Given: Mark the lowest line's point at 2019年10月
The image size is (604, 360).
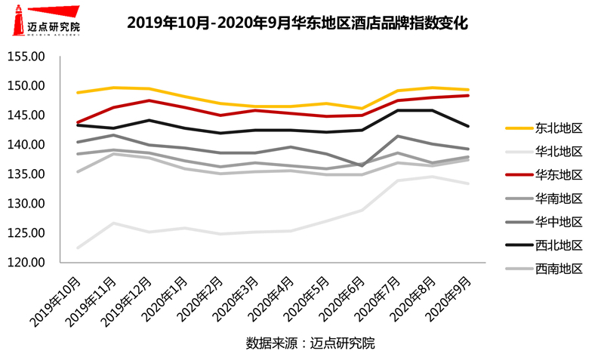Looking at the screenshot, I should pyautogui.click(x=78, y=247).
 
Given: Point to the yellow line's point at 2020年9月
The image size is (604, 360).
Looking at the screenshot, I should pyautogui.click(x=468, y=90).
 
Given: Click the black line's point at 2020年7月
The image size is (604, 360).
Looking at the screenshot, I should pyautogui.click(x=398, y=110).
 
